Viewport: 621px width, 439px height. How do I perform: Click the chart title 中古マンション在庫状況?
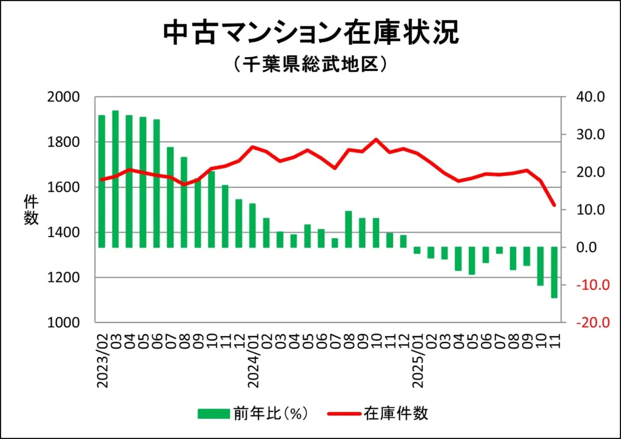[x=310, y=34]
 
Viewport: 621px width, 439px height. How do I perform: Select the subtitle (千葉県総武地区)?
[x=310, y=64]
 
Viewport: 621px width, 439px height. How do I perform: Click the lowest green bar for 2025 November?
[x=554, y=272]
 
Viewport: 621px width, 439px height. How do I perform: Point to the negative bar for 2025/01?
[x=417, y=250]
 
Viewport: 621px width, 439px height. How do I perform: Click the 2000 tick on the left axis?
[x=64, y=97]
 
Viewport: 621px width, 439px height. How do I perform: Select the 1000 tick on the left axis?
[x=64, y=323]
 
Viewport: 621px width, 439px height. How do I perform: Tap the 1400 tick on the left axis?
[x=64, y=232]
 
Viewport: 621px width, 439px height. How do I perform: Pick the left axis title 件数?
[x=31, y=209]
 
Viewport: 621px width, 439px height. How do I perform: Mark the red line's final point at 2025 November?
[x=554, y=206]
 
